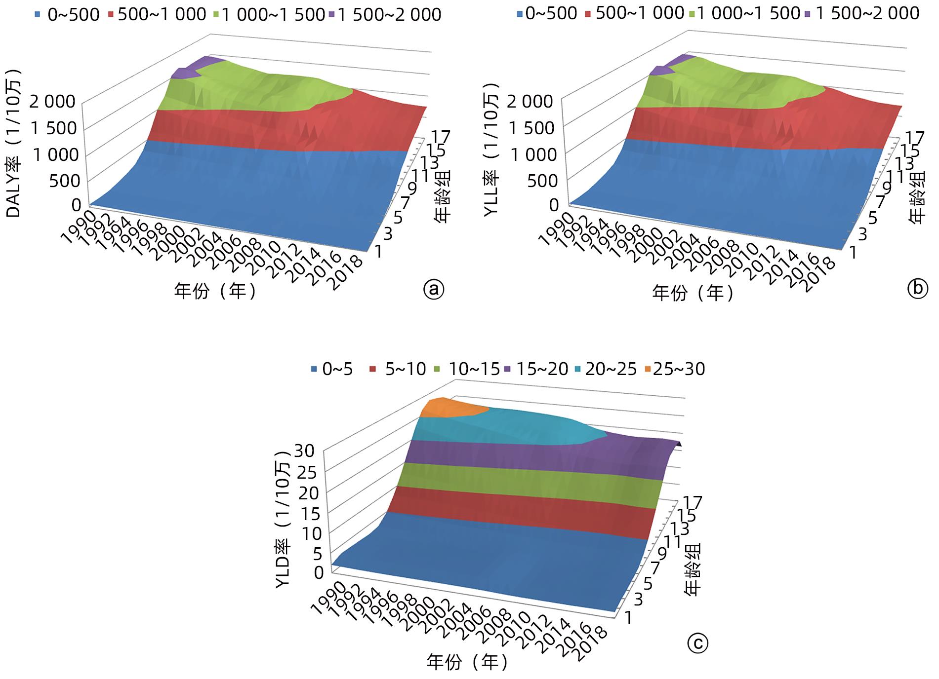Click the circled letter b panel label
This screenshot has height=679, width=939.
tap(918, 289)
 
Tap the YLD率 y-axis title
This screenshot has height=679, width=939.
tap(284, 518)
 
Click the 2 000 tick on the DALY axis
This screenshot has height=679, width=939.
tap(53, 102)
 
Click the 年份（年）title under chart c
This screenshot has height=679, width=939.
tap(467, 662)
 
